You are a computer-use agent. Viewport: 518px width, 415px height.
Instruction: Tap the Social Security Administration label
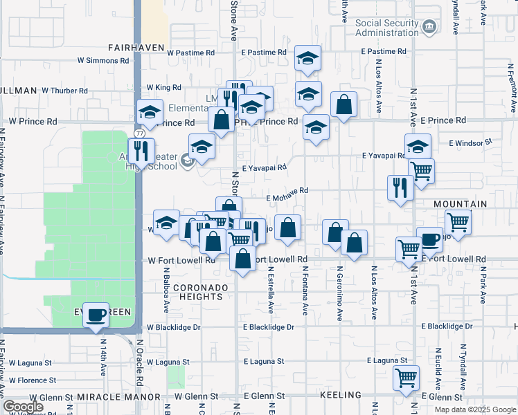pos(388,28)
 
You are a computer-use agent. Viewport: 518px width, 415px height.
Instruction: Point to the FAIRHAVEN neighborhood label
pos(136,48)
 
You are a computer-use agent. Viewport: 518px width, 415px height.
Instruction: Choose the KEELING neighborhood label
pos(341,395)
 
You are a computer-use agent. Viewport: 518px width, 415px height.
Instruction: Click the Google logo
pos(23,407)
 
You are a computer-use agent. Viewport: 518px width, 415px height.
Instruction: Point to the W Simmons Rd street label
pos(103,61)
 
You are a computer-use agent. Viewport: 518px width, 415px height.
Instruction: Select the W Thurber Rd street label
pos(65,91)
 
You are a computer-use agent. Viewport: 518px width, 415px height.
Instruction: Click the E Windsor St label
pos(470,142)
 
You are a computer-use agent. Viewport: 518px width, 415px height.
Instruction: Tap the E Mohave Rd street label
pos(287,198)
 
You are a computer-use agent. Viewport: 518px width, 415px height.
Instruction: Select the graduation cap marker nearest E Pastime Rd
pos(307,59)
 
